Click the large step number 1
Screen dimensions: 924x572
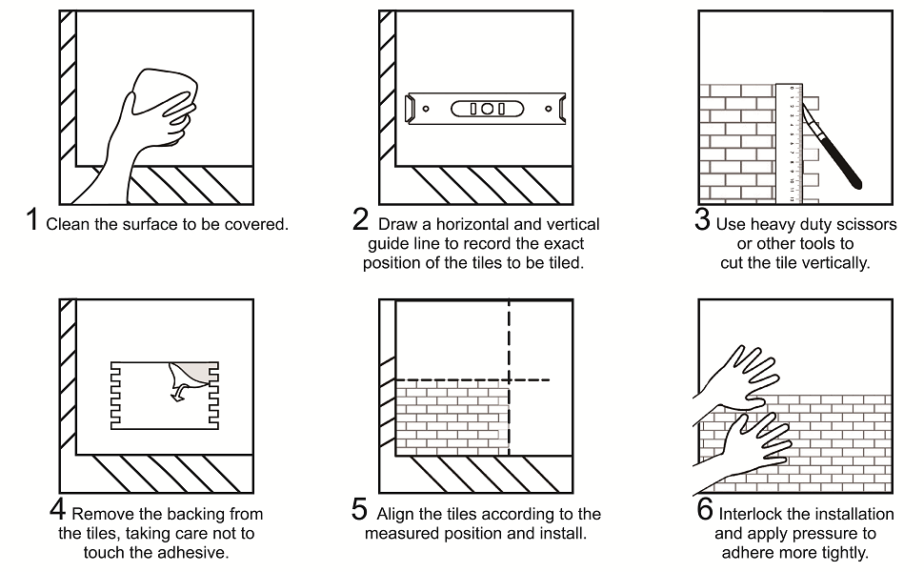pyautogui.click(x=31, y=219)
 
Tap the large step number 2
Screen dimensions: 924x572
pyautogui.click(x=361, y=219)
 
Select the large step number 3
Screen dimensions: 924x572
pyautogui.click(x=702, y=219)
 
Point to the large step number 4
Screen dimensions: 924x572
pyautogui.click(x=57, y=509)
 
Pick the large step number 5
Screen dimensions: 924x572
pyautogui.click(x=359, y=509)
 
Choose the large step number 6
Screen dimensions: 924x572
pyautogui.click(x=705, y=509)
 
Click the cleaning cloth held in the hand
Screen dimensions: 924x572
pyautogui.click(x=164, y=92)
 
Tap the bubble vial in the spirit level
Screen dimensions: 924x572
pyautogui.click(x=487, y=109)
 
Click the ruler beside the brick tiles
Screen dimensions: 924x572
pyautogui.click(x=789, y=143)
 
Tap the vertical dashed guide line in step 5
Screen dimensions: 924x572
pyautogui.click(x=509, y=378)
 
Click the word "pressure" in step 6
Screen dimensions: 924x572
pyautogui.click(x=823, y=535)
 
